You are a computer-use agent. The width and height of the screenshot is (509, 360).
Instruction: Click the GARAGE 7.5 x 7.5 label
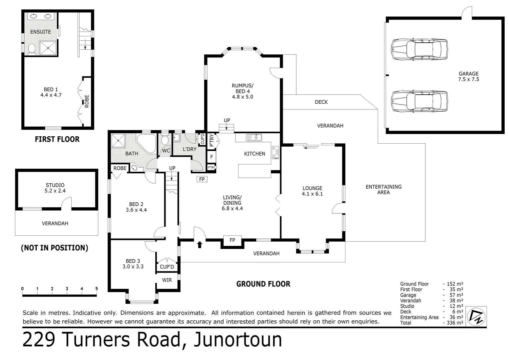tap(468, 76)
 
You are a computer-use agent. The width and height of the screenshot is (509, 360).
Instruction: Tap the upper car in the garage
tap(419, 49)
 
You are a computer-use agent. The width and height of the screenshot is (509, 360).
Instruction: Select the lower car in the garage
tap(419, 101)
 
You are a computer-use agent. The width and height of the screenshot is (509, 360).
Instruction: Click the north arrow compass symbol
tap(476, 316)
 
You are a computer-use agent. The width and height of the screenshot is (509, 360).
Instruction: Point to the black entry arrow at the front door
tap(200, 245)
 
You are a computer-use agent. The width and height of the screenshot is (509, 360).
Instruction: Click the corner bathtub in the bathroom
tap(147, 143)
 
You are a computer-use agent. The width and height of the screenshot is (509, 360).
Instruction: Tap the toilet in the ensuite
tap(32, 49)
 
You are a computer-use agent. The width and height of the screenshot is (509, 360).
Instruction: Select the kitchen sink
tap(254, 137)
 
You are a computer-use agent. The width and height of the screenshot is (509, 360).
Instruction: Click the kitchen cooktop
tap(275, 153)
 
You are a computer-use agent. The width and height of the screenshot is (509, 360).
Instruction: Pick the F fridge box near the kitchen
tap(212, 157)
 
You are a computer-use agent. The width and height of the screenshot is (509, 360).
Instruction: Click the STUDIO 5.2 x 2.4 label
tap(55, 188)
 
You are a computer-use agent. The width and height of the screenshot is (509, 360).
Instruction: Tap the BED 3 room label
tap(133, 264)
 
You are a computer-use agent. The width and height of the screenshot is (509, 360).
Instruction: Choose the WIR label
tap(167, 280)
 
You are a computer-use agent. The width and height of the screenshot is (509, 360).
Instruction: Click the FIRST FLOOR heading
tap(57, 139)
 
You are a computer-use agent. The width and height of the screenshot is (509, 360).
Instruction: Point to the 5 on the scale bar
tap(97, 289)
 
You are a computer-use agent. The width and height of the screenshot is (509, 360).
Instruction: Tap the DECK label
tap(321, 102)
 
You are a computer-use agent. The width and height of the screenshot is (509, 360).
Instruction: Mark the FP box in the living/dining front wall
tap(232, 240)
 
